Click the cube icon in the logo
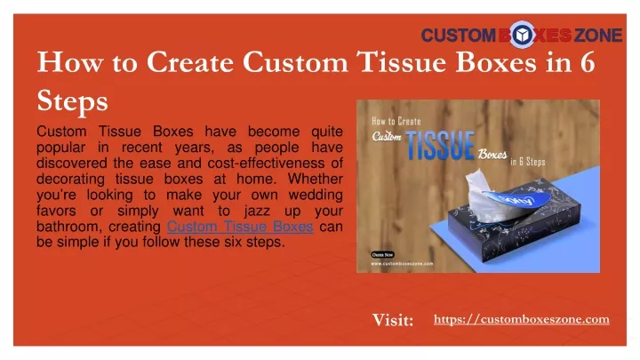coord(522,35)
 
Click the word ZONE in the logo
coord(598,35)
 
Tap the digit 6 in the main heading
coord(588,62)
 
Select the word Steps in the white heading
coord(72,101)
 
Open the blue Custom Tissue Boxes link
coord(240,227)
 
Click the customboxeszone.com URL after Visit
coord(522,319)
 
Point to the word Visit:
coord(393,320)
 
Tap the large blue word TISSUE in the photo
coord(440,146)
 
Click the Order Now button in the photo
coord(382,255)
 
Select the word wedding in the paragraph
coord(316,195)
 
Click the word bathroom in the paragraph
coord(69,227)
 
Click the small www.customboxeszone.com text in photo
coord(402,264)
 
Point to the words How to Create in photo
coord(396,121)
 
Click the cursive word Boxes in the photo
coord(492,155)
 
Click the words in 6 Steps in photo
coord(528,162)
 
